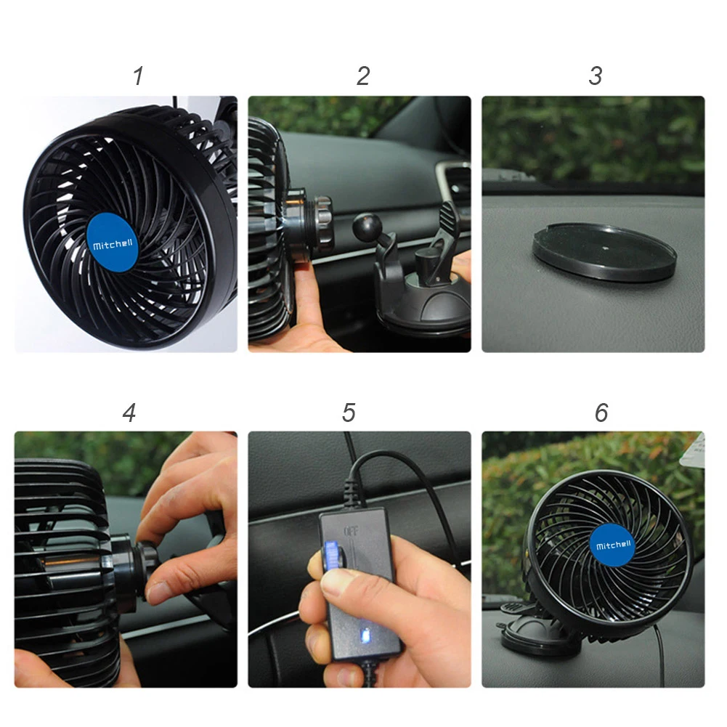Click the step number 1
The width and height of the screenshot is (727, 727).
pos(138,76)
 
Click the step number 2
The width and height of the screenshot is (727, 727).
pos(363,76)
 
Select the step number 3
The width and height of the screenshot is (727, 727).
pos(596,76)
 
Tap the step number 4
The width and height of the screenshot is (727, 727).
pos(129,413)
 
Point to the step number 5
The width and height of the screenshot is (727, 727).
pos(349,413)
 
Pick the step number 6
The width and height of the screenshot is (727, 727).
pos(601,413)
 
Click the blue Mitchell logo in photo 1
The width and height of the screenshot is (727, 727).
pos(113,245)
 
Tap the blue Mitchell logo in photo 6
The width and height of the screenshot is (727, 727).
pos(614,545)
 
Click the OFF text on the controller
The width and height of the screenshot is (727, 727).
pos(351,531)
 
